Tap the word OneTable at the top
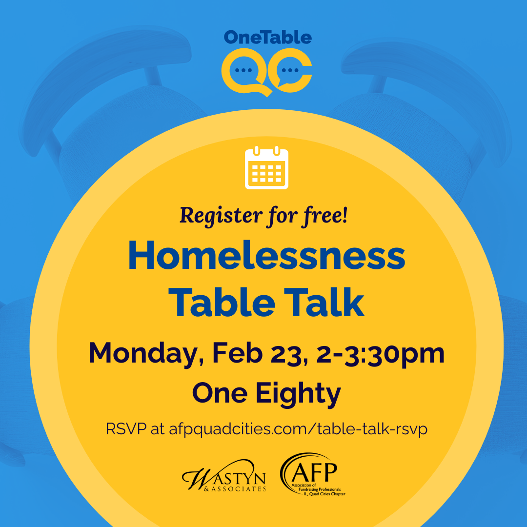[x=267, y=37]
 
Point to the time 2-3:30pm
[x=381, y=353]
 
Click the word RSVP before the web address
[x=126, y=430]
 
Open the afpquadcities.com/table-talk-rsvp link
[x=298, y=430]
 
